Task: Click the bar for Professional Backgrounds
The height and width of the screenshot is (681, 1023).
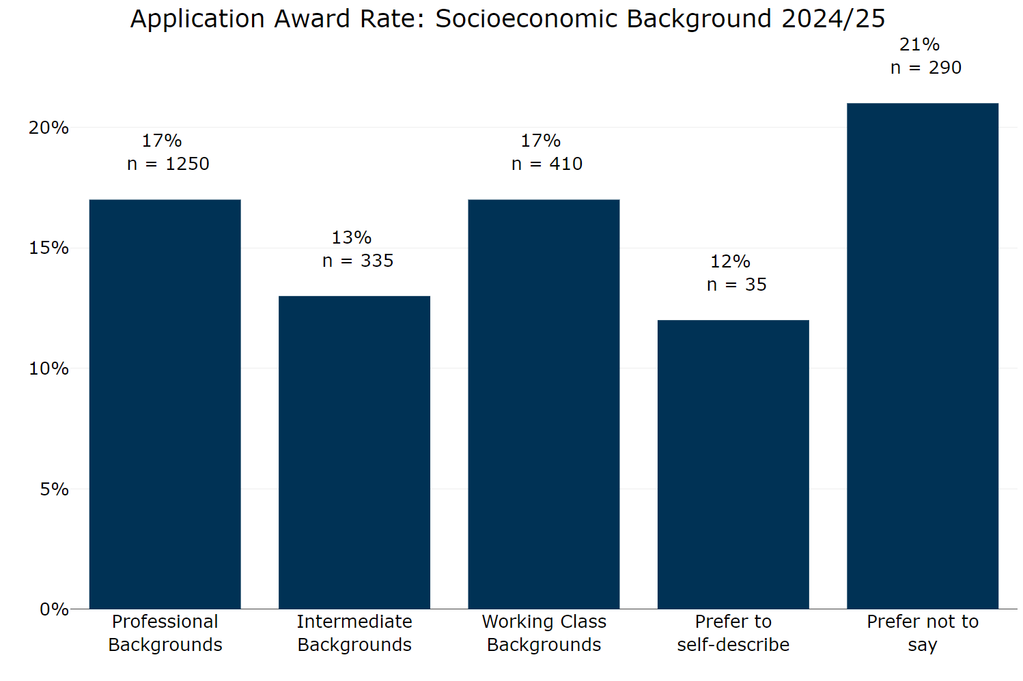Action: pos(165,404)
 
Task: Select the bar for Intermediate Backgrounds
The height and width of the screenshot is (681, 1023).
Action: pos(354,452)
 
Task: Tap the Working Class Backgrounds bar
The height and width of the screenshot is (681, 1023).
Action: pos(544,404)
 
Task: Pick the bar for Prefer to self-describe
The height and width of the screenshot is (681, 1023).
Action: pos(733,464)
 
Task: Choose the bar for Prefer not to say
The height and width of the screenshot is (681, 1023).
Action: pos(922,356)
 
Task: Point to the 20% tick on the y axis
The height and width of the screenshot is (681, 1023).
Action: pos(48,128)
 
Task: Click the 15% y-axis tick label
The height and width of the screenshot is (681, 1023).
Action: pos(48,248)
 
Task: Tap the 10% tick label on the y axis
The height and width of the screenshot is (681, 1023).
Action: pos(48,368)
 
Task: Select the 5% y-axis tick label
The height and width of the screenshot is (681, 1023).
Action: pos(54,489)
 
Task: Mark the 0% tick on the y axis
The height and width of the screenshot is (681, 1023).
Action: pos(54,609)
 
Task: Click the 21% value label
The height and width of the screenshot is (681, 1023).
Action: pos(919,45)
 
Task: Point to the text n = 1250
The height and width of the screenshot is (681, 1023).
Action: pos(168,164)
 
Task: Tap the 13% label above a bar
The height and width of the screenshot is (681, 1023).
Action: pos(351,237)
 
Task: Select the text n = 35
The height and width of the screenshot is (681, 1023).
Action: pos(736,285)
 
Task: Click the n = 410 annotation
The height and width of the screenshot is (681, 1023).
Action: pos(546,164)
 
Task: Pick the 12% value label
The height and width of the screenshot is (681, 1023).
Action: pos(730,261)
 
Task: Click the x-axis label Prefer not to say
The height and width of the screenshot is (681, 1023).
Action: pos(922,633)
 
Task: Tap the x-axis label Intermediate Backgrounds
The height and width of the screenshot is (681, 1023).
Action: pos(354,633)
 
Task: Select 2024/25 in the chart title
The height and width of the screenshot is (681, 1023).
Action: pos(833,19)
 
